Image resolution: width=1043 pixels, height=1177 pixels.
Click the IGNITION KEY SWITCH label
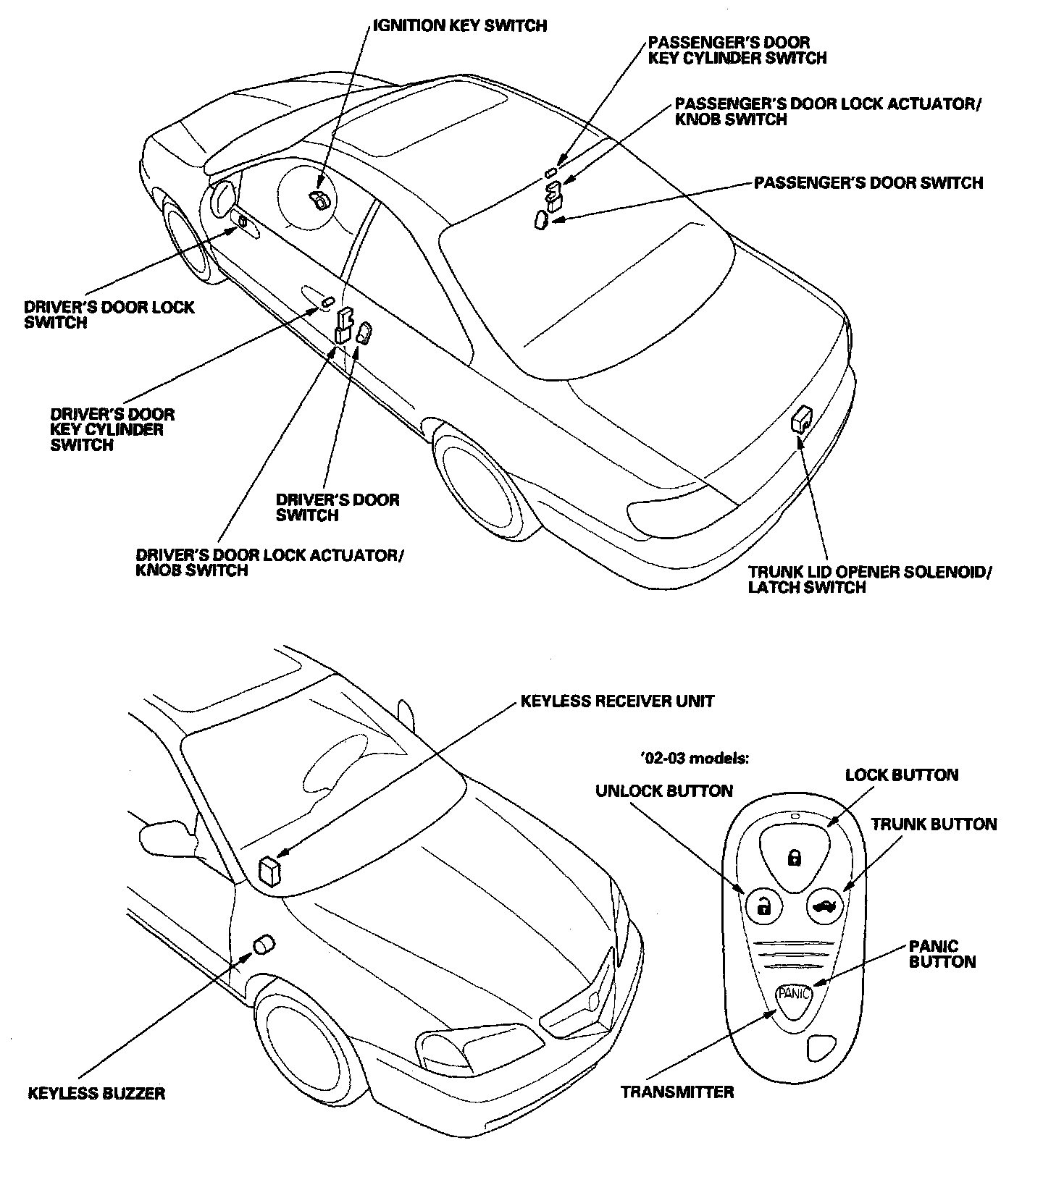pyautogui.click(x=459, y=26)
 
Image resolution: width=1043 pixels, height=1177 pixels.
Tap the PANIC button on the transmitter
pyautogui.click(x=794, y=994)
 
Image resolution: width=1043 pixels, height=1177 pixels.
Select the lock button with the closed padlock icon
pyautogui.click(x=795, y=858)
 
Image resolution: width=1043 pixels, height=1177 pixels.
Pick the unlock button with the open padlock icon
pyautogui.click(x=763, y=905)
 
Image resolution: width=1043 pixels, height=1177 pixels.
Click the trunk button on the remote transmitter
pyautogui.click(x=825, y=905)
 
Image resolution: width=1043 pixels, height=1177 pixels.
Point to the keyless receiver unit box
pyautogui.click(x=270, y=871)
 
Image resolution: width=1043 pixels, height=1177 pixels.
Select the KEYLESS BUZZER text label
pyautogui.click(x=96, y=1093)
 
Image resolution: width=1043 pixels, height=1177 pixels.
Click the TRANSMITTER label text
pyautogui.click(x=677, y=1092)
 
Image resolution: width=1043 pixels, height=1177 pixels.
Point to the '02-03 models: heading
pyautogui.click(x=694, y=758)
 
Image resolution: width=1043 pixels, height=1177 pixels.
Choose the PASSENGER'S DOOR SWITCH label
pyautogui.click(x=868, y=182)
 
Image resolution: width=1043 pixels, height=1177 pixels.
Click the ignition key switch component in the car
pyautogui.click(x=319, y=198)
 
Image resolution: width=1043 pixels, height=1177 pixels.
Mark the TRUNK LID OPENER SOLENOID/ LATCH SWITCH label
pyautogui.click(x=869, y=579)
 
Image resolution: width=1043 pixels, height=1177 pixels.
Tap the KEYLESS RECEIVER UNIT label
pyautogui.click(x=617, y=701)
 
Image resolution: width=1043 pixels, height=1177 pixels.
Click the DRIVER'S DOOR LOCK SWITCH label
pyautogui.click(x=109, y=315)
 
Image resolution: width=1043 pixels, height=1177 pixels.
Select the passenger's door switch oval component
pyautogui.click(x=541, y=219)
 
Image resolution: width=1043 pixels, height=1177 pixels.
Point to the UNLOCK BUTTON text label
pyautogui.click(x=663, y=791)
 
